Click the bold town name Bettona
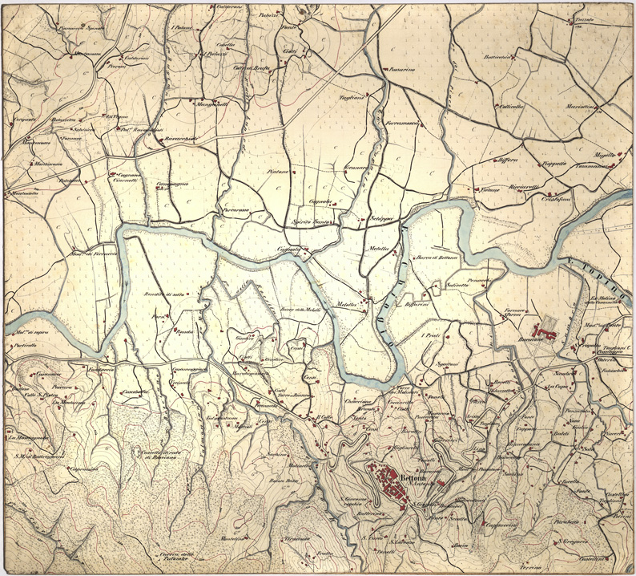click(414, 473)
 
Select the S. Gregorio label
click(574, 540)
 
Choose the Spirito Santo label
click(312, 221)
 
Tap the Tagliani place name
click(352, 97)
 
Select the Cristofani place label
click(556, 198)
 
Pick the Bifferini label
click(419, 305)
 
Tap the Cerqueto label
click(25, 120)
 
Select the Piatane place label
click(277, 171)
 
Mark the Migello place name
click(603, 154)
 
